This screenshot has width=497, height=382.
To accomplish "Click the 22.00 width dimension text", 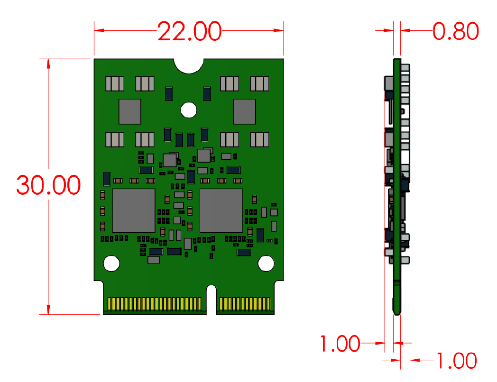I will pos(189,32).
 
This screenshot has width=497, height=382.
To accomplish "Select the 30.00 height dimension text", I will pos(48,185).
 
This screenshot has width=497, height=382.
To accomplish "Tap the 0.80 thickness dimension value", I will pos(455,32).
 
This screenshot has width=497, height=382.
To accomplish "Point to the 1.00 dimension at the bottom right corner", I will pos(456,361).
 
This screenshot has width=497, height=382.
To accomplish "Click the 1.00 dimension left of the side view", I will pos(340,343).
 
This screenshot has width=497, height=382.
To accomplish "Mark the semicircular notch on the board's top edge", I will pos(189,65).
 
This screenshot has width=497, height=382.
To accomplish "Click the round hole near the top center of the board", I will pos(189,110).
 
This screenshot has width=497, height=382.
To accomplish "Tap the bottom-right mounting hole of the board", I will pos(266,263).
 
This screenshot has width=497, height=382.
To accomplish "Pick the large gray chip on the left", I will pos(134,210).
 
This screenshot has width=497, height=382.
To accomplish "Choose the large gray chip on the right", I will pos(221,210).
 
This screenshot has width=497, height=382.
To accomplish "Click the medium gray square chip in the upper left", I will pos(129,111).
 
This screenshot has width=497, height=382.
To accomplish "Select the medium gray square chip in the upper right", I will pos(244,111).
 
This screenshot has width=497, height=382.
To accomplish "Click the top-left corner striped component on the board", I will pos(115,84).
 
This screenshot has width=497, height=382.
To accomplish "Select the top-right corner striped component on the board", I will pos(259,84).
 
